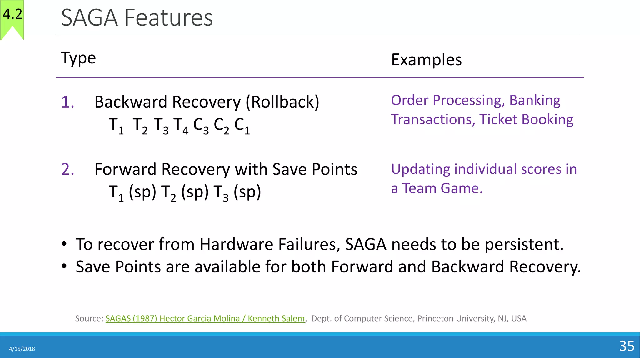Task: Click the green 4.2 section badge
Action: pos(12,16)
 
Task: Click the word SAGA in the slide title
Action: pos(89,18)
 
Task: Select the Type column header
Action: pos(78,58)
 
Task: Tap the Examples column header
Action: pos(426,60)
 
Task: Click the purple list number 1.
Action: pos(67,102)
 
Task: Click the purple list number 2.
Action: pos(67,170)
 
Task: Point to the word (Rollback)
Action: pos(282,102)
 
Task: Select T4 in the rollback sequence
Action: pos(181,126)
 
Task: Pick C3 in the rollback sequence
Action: pos(201,126)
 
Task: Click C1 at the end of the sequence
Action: pos(242,126)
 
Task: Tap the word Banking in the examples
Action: pos(535,101)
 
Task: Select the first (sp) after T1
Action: pos(142,192)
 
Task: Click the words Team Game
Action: pos(442,188)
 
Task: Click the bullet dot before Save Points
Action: pos(64,267)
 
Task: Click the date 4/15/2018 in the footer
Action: pos(22,349)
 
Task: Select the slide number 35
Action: pos(627,346)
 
